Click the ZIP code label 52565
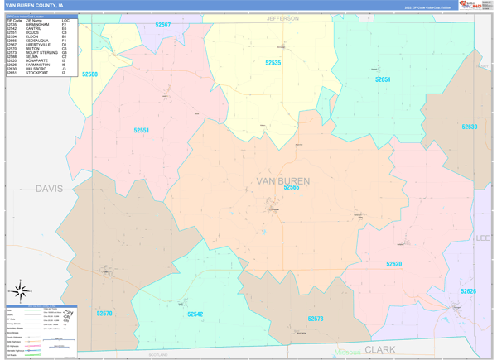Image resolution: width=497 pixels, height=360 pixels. (x=292, y=188)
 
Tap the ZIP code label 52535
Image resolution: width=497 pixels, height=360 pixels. (x=273, y=63)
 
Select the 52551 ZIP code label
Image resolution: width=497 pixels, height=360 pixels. (x=142, y=130)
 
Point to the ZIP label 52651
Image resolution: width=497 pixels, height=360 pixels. (x=382, y=79)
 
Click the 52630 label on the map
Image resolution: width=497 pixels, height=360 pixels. (x=470, y=127)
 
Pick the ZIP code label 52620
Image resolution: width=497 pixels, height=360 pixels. (x=393, y=264)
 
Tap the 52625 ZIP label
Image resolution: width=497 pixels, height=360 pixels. (x=469, y=291)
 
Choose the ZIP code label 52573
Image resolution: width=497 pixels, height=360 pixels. (x=316, y=319)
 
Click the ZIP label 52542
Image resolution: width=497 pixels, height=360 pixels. (x=195, y=314)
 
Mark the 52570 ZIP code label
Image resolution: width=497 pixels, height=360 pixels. (x=104, y=314)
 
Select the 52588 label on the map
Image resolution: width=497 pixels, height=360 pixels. (x=89, y=74)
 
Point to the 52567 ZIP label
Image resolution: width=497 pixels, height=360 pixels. (x=163, y=25)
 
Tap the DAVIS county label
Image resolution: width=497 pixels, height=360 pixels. (x=50, y=189)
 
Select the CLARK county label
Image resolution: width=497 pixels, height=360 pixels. (x=380, y=350)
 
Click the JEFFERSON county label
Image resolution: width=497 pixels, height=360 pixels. (x=282, y=17)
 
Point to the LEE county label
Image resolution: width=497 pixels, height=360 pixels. (x=483, y=238)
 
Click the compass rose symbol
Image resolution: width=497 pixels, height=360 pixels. (x=20, y=291)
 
